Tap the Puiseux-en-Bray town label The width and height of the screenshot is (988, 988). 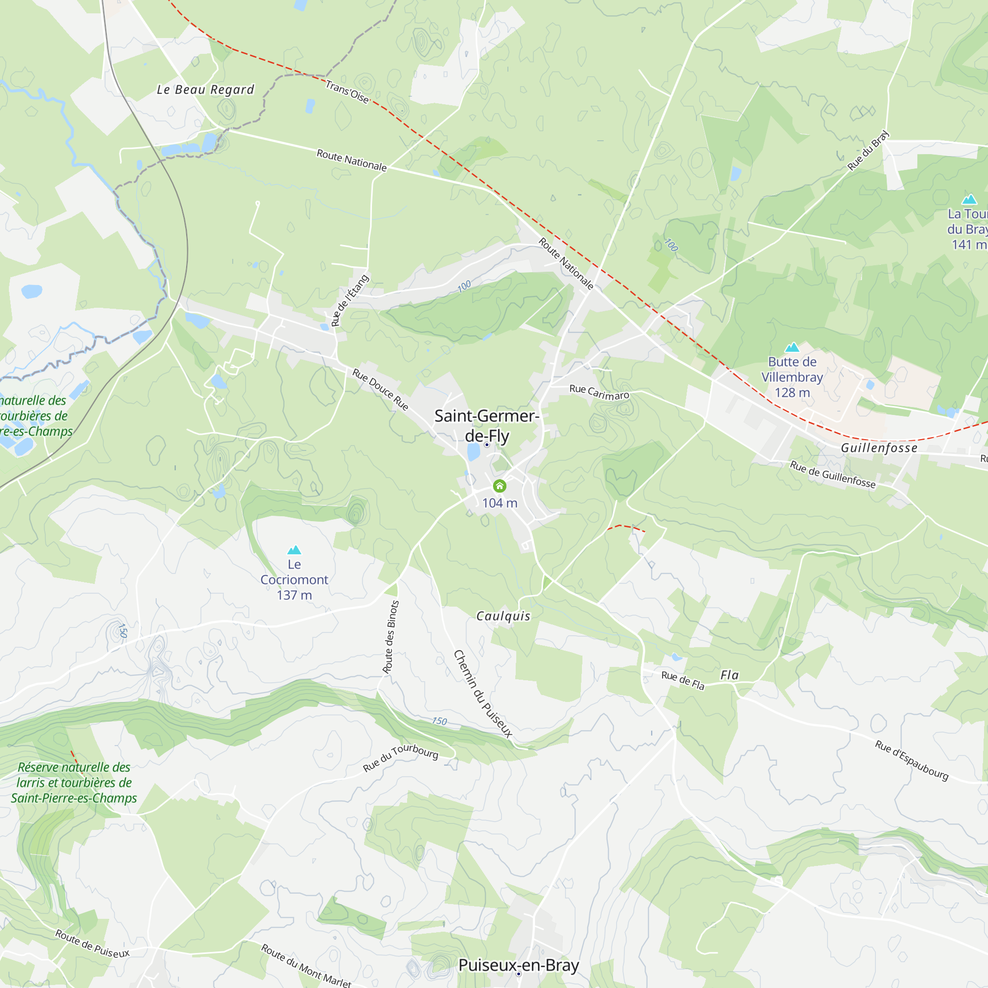(x=519, y=965)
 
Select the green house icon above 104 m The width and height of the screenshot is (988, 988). (x=499, y=486)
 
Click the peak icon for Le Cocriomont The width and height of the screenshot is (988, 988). (x=294, y=550)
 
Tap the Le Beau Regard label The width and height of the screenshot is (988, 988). (x=205, y=89)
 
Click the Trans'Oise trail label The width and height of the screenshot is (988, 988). (x=347, y=91)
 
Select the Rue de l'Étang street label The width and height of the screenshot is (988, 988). (x=350, y=301)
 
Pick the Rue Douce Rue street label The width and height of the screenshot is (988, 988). (x=380, y=390)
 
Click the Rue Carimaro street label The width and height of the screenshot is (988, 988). (x=599, y=392)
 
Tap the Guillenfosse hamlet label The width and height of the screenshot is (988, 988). (x=879, y=448)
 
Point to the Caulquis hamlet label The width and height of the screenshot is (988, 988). (x=503, y=616)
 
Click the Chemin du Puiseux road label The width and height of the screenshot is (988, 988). (x=482, y=694)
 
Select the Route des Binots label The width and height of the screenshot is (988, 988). (x=391, y=637)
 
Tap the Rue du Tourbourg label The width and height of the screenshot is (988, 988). (x=401, y=758)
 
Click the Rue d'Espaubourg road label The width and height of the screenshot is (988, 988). (x=912, y=760)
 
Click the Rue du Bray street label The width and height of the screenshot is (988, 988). (x=868, y=150)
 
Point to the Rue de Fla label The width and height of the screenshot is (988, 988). (x=683, y=680)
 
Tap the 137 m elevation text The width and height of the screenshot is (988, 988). (x=294, y=595)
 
